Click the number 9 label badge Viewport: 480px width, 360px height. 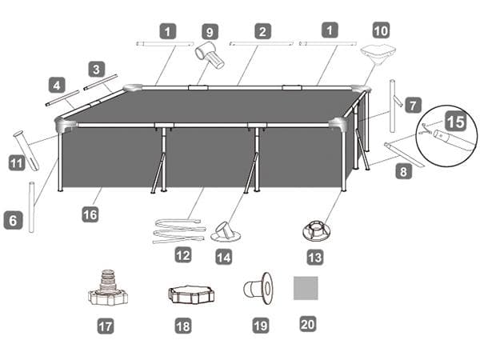point(210,32)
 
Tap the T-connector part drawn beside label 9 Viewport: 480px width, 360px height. point(210,56)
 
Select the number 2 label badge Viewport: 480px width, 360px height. point(262,31)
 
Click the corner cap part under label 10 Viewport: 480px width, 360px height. point(378,55)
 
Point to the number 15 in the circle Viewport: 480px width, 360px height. point(456,122)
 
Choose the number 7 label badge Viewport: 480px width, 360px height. point(414,105)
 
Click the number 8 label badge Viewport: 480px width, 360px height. point(404,171)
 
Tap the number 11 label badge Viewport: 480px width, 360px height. point(17,163)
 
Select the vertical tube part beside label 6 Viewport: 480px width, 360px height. point(31,207)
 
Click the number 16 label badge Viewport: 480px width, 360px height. point(90,214)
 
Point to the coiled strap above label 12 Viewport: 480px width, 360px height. point(179,231)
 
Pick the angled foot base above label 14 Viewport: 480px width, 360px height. point(226,232)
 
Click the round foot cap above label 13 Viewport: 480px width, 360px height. point(317,230)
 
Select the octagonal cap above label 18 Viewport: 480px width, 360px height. point(191,294)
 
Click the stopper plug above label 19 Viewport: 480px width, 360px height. point(258,288)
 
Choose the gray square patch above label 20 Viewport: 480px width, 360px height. point(306,288)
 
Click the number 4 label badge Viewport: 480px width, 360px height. point(57,85)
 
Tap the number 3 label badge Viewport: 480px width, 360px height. point(97,69)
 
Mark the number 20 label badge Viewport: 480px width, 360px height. point(308,324)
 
